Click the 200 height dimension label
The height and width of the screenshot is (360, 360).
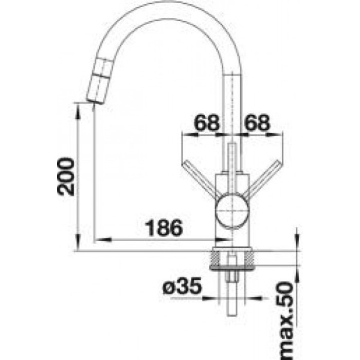click(66, 176)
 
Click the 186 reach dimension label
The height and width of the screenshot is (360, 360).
click(164, 228)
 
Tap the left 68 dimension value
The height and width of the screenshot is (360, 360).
click(206, 122)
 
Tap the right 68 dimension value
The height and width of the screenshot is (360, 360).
click(257, 122)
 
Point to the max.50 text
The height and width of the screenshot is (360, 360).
click(285, 321)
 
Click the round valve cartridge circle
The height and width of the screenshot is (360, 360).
click(232, 210)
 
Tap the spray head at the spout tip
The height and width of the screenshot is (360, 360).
click(99, 81)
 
